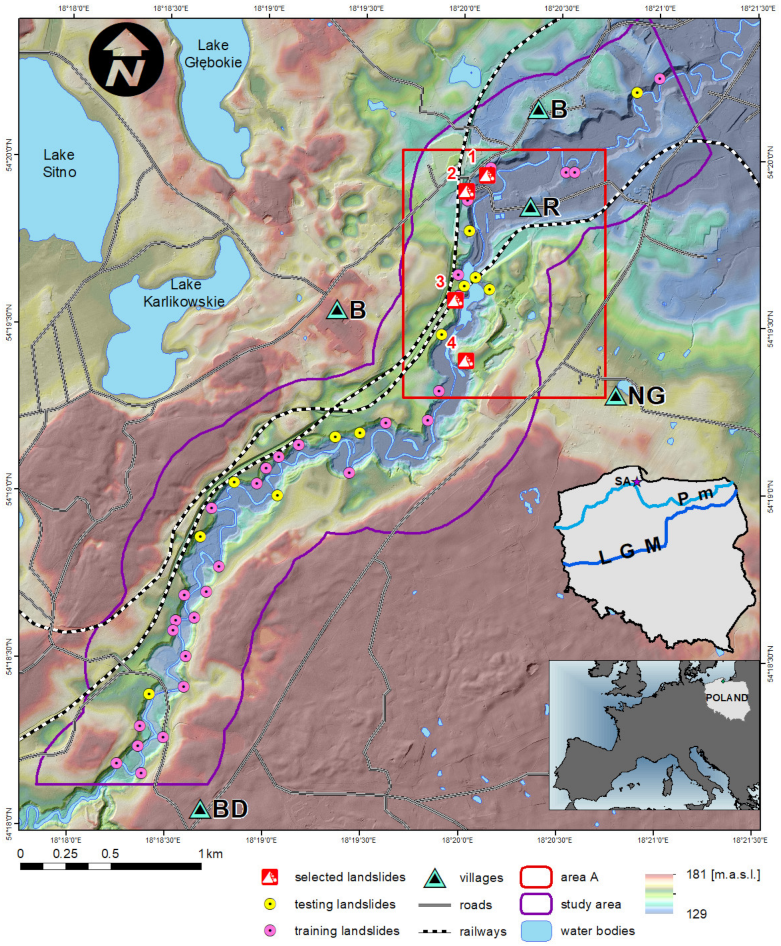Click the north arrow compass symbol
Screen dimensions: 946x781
pos(126,60)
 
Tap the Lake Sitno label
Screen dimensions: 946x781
pos(59,163)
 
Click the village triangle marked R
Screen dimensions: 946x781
pos(531,208)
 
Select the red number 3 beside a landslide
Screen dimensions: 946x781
pos(440,282)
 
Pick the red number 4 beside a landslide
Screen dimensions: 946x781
pos(451,343)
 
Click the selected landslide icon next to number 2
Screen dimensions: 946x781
pos(466,191)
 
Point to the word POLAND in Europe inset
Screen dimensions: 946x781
pos(727,697)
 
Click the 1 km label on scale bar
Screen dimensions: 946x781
pos(211,853)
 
